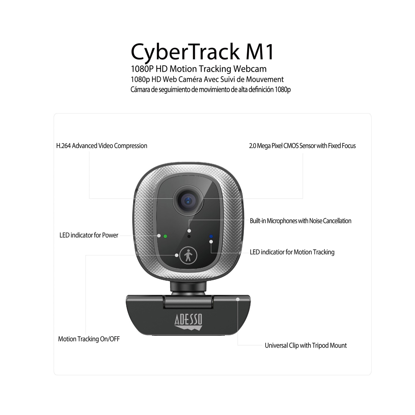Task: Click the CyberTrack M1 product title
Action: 202,52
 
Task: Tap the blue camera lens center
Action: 188,201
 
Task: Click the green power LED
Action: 165,236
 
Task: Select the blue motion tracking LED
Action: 211,236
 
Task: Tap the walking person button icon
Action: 188,255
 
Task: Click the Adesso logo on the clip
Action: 188,322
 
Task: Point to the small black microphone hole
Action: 189,236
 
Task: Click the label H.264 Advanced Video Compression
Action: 102,146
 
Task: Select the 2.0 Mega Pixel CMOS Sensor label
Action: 302,146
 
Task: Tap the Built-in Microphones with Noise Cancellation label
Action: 300,221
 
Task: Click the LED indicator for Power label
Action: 89,235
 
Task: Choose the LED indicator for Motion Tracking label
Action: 292,252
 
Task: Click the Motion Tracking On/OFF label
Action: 89,339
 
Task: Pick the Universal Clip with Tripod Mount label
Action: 305,345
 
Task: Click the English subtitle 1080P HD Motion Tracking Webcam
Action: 199,69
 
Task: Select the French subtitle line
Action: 207,79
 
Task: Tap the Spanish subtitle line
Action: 210,89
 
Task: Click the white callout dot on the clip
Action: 238,299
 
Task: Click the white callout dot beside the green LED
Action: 159,236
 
